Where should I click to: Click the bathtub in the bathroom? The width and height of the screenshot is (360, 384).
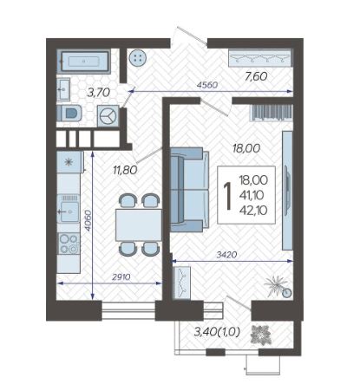click(x=83, y=61)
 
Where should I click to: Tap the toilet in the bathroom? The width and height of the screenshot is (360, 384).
click(x=69, y=114)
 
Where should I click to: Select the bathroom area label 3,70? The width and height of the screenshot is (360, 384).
click(x=99, y=93)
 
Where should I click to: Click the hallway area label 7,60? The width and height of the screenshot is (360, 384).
click(x=256, y=76)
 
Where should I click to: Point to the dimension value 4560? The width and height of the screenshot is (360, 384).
click(x=207, y=85)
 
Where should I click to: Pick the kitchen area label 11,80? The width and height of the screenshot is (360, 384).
click(x=125, y=170)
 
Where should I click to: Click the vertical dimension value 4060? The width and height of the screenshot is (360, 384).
click(x=88, y=220)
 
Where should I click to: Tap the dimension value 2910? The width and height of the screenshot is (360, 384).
click(x=121, y=277)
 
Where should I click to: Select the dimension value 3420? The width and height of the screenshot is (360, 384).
click(x=226, y=255)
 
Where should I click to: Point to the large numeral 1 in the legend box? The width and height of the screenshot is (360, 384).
click(x=228, y=196)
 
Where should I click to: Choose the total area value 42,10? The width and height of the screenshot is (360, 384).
click(x=253, y=211)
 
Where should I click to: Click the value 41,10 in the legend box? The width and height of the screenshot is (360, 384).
click(x=252, y=196)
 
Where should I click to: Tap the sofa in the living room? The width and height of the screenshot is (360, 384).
click(x=189, y=190)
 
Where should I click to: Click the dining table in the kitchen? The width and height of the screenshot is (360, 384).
click(x=139, y=225)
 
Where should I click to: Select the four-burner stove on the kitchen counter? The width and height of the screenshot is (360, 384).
click(x=69, y=244)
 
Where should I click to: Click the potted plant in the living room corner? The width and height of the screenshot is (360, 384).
click(x=277, y=286)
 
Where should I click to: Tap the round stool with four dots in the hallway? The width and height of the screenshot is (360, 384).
click(x=138, y=58)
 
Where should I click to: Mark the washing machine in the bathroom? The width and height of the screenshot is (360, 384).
click(x=108, y=116)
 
